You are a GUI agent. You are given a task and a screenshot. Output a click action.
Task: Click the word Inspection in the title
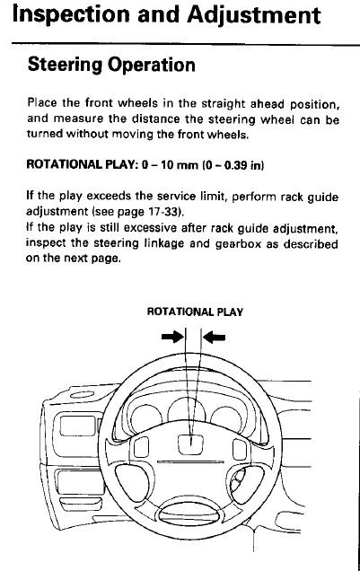pos(71,16)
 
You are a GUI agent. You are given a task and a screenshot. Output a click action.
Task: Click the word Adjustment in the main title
pos(254,16)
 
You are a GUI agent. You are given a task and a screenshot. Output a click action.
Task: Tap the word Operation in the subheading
pos(152,66)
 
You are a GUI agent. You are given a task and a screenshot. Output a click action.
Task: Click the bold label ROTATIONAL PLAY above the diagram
pos(195,312)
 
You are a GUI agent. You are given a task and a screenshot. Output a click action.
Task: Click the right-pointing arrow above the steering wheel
pos(172,337)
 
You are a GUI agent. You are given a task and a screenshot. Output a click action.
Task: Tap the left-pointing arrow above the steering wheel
pos(214,338)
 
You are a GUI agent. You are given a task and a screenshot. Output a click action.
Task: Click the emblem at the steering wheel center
pos(190,444)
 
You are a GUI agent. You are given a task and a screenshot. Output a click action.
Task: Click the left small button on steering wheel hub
pos(141,447)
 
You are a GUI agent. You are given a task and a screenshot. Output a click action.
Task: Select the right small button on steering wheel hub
pos(240,450)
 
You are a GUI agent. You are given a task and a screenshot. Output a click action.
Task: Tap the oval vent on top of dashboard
pos(83,395)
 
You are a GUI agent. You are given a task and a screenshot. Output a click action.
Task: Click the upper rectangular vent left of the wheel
pos(77,426)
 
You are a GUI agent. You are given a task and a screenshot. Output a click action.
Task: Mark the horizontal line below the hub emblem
pos(190,462)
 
